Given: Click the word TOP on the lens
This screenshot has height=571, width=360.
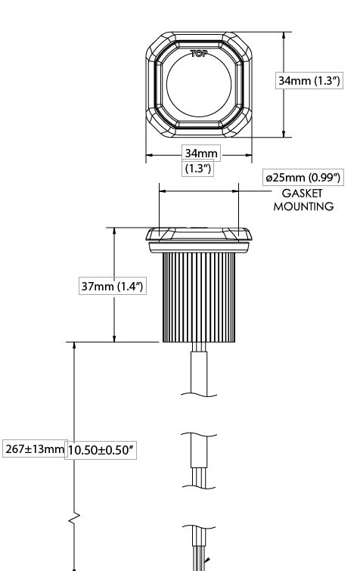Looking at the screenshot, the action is (199, 54).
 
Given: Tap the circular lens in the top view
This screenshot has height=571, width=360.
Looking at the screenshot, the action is (199, 85).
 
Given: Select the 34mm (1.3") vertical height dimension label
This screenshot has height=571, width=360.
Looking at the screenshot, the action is (309, 80).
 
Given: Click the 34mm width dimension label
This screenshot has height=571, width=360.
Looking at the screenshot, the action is (201, 154).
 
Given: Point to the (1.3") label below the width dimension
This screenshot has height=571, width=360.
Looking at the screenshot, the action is (197, 169).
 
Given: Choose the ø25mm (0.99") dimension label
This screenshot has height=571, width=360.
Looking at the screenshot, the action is (303, 178).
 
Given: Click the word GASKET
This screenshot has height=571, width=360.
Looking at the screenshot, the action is (302, 193).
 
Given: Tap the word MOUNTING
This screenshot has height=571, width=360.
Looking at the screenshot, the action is (303, 206).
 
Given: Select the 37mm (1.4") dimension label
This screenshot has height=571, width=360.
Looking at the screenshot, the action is (113, 286).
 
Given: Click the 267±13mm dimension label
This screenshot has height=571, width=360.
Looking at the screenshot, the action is (35, 449).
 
